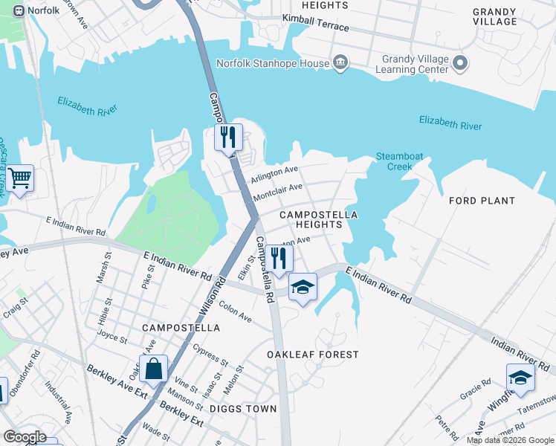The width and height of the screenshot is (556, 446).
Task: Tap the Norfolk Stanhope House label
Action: [x=272, y=63]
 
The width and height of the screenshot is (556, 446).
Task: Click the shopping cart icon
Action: [x=20, y=179]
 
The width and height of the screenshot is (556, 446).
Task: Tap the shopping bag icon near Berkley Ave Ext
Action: [x=153, y=369]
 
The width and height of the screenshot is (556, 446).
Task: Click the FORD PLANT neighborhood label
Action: [x=482, y=201]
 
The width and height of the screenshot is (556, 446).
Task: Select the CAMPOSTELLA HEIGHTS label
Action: [x=318, y=219]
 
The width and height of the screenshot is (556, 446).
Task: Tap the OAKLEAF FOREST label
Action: [x=313, y=355]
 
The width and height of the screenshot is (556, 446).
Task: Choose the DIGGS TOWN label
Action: [x=242, y=409]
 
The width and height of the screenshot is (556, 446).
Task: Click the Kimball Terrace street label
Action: [x=315, y=26]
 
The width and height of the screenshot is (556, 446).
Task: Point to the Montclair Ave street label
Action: [x=277, y=193]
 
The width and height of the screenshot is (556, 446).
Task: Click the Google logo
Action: [x=24, y=437]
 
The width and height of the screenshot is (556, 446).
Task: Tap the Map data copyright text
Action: [x=510, y=440]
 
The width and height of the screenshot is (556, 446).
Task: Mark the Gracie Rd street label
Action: [x=475, y=391]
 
